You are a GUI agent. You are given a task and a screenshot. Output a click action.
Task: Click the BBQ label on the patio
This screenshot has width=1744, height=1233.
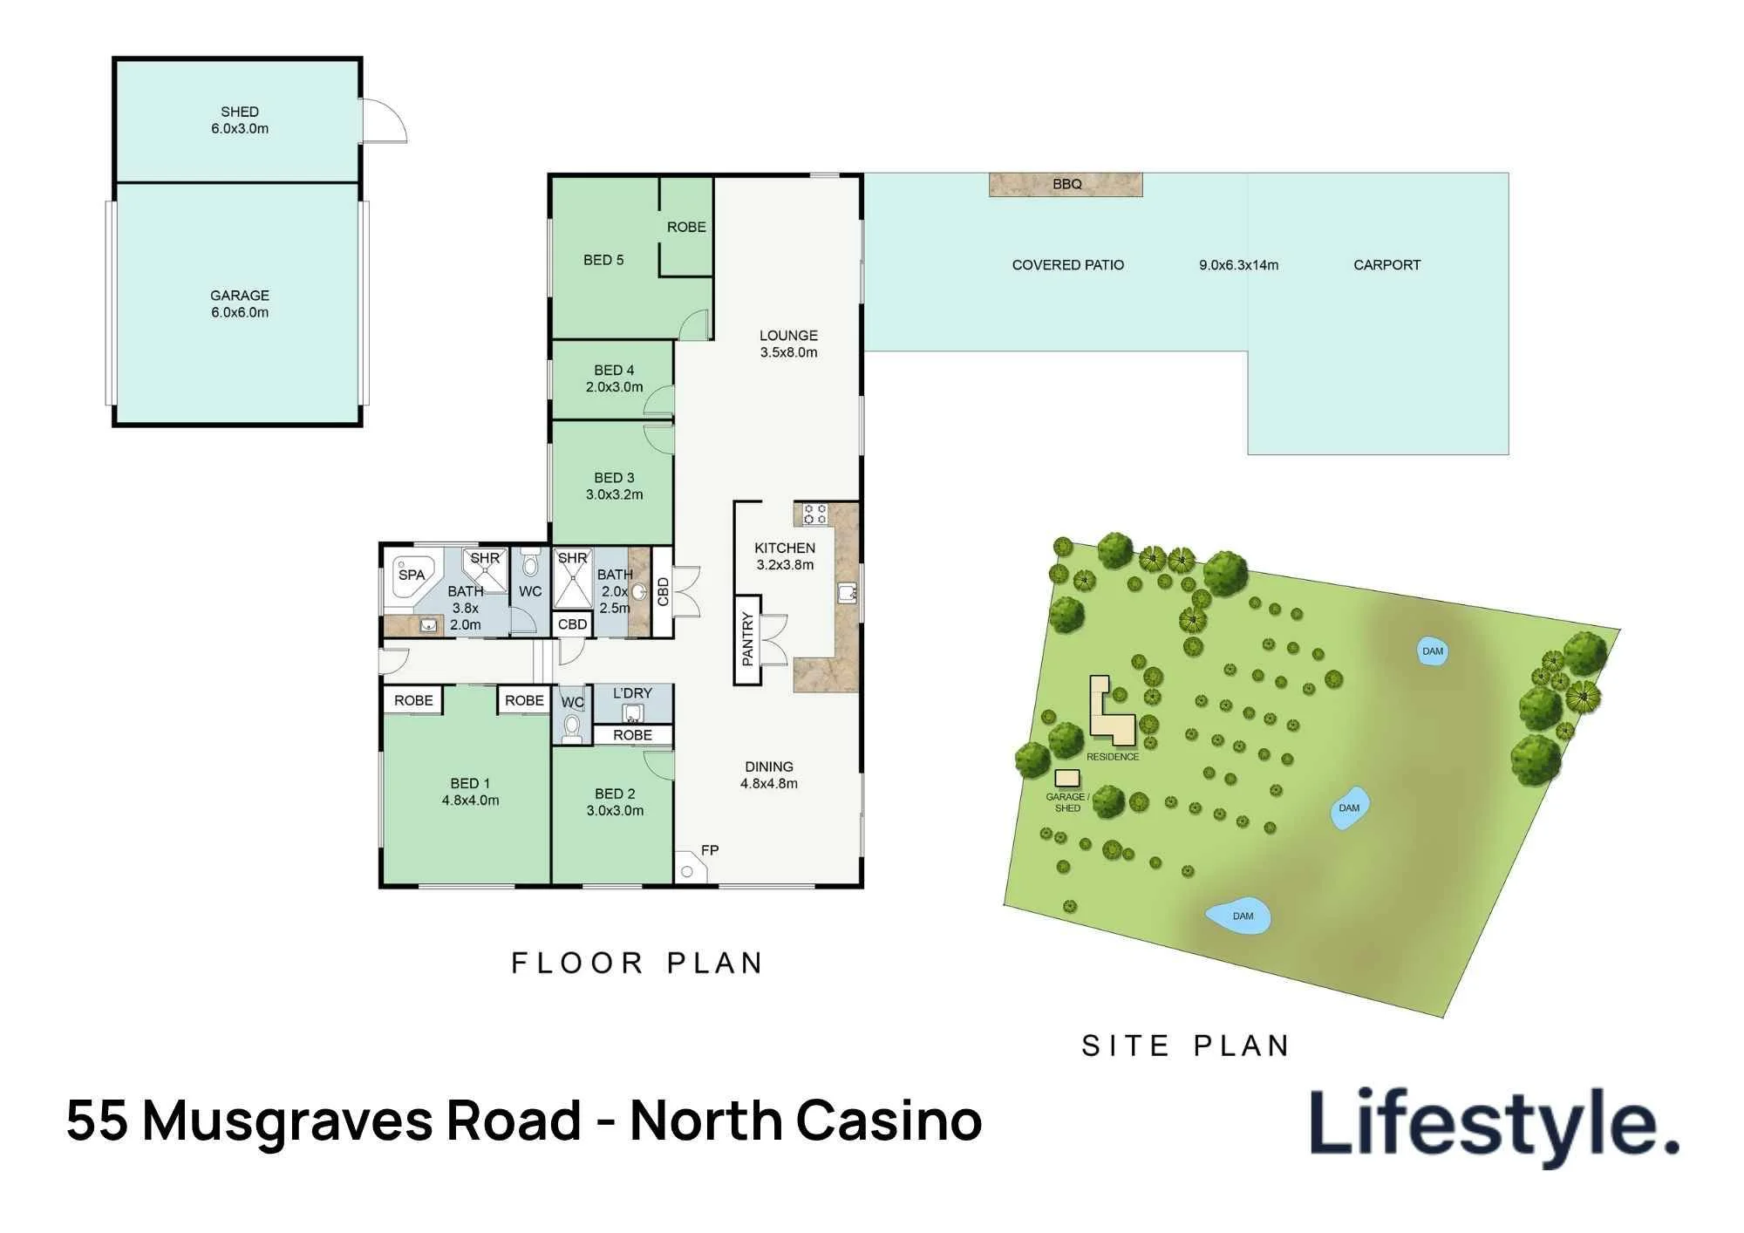point(1066,184)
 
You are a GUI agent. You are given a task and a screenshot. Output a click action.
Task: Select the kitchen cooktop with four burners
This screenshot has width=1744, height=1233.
point(814,514)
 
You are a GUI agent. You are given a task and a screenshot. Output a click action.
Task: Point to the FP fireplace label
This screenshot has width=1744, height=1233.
point(710,850)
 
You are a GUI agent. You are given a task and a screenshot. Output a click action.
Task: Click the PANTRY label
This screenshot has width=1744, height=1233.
point(747,639)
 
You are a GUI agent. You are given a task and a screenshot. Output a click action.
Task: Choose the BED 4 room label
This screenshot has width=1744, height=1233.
point(614,378)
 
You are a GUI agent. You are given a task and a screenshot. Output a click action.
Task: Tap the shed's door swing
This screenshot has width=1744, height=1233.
point(384,120)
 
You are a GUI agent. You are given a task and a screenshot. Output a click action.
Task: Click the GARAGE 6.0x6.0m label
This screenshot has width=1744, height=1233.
point(240,303)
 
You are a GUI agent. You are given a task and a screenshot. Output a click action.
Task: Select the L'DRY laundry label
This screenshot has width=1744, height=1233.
point(632,693)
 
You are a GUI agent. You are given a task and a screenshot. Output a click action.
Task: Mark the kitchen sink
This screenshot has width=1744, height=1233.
point(847,593)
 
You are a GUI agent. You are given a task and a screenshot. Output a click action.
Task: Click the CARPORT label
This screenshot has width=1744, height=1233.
point(1386,265)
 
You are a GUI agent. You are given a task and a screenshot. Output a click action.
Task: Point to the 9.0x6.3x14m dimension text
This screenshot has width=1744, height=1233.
point(1238,265)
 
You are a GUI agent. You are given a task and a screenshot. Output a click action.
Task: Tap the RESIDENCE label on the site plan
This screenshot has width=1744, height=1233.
point(1113,757)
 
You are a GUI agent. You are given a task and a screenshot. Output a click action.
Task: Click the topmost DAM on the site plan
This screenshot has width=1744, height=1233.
point(1433,651)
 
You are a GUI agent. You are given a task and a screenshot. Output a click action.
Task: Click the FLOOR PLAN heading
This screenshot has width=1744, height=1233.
point(637,963)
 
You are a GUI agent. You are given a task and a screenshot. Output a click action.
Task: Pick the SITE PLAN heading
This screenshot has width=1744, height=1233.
point(1185,1046)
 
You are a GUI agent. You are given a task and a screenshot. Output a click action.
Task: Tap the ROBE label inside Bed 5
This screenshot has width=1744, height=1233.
point(686,227)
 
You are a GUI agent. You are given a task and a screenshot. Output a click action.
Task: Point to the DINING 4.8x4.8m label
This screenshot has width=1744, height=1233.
point(769,775)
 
